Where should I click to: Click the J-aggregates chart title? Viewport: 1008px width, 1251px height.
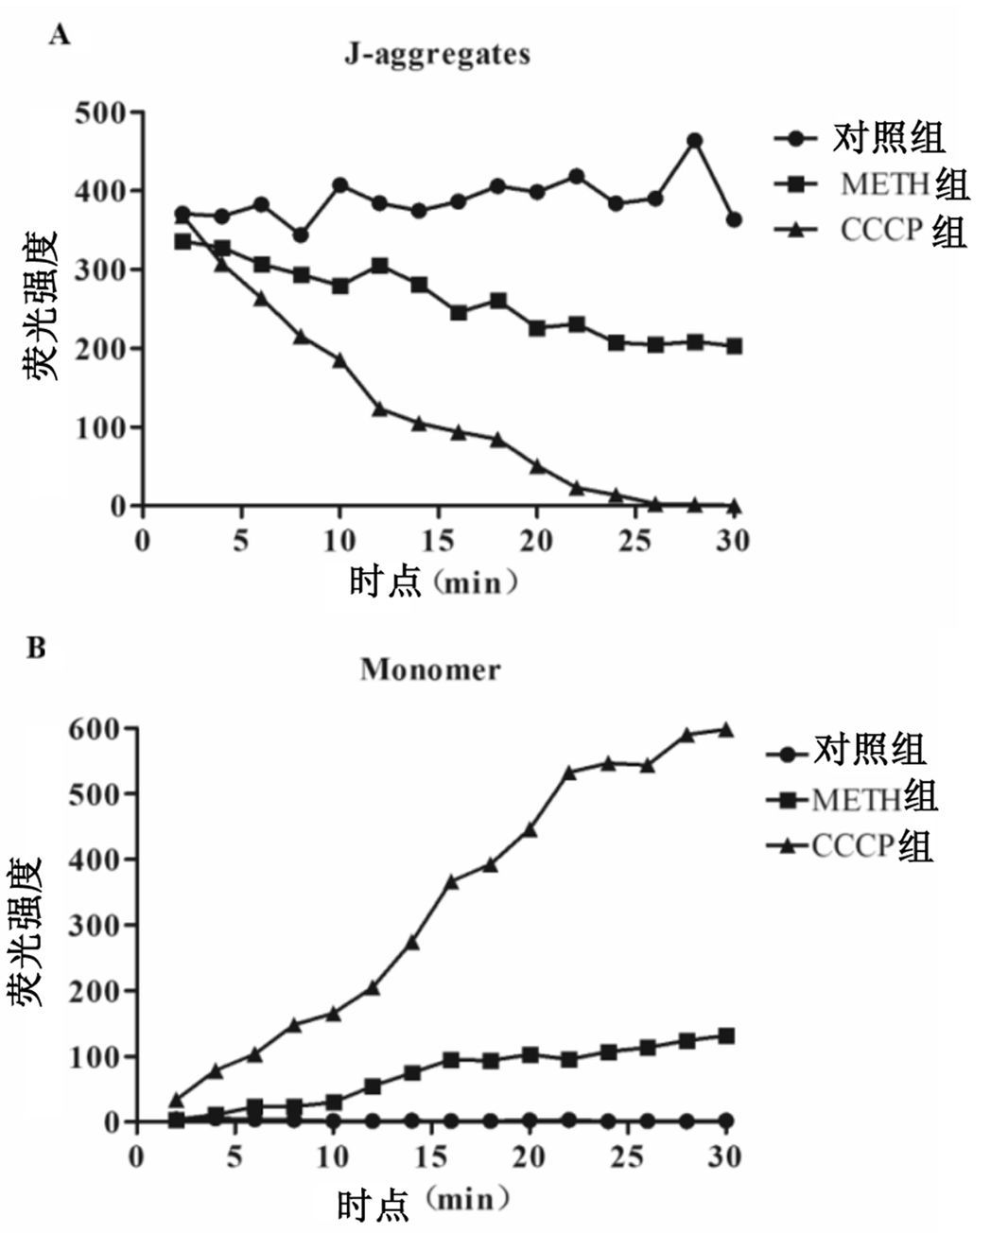(x=436, y=54)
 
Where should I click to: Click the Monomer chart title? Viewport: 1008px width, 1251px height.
(x=429, y=669)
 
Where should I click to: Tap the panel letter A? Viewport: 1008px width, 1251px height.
(x=60, y=36)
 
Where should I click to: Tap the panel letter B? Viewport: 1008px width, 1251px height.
(x=36, y=649)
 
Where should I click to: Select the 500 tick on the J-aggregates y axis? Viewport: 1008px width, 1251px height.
(x=99, y=113)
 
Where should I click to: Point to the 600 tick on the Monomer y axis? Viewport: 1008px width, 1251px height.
(x=94, y=729)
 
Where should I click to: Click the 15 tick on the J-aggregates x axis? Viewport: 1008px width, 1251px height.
(x=439, y=541)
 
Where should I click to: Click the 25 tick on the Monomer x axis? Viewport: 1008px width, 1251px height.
(x=628, y=1156)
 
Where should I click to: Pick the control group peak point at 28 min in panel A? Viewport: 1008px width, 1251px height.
(x=694, y=141)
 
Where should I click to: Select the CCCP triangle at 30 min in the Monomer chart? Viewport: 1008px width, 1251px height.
(x=726, y=729)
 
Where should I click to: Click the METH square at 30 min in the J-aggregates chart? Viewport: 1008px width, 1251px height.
(x=734, y=346)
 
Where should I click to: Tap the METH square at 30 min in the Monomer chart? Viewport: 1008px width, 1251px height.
(x=726, y=1035)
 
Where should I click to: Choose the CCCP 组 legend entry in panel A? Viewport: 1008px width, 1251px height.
(x=902, y=230)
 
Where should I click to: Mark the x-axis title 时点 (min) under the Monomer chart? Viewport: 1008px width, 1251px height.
(x=425, y=1203)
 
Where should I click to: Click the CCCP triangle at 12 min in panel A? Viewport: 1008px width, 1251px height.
(x=380, y=408)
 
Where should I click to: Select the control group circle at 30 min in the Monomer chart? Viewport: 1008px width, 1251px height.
(x=726, y=1121)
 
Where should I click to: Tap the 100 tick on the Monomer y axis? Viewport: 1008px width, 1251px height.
(x=94, y=1056)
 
